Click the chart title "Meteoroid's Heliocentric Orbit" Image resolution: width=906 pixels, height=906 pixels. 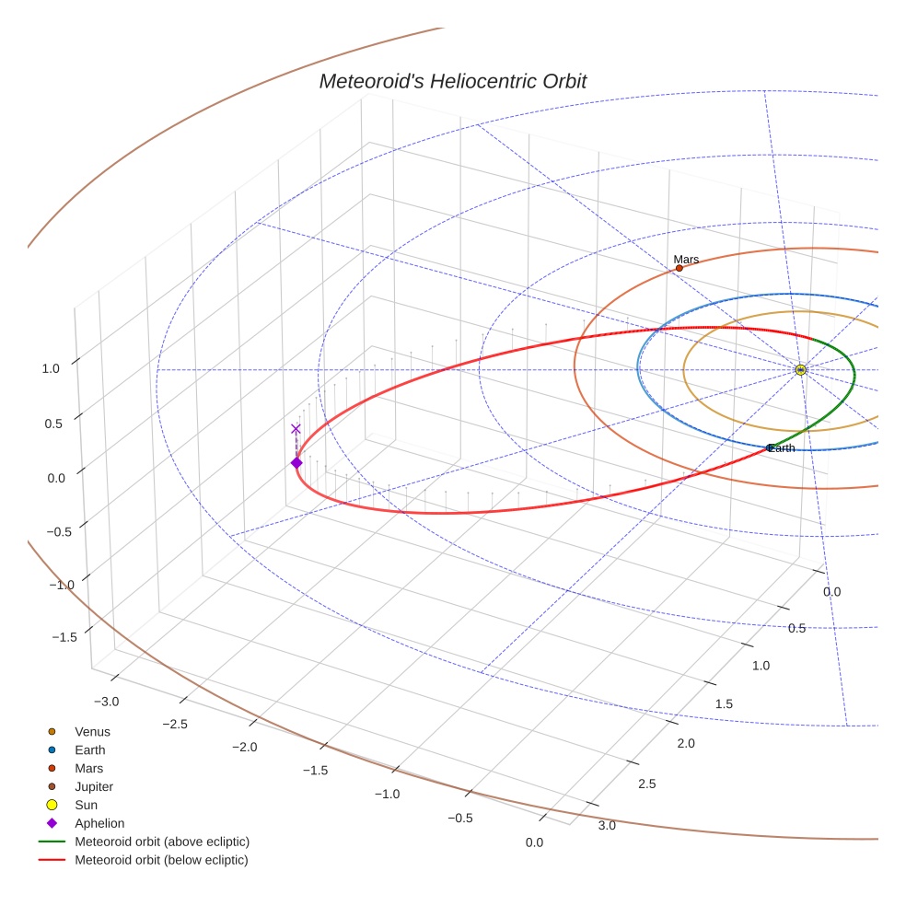coord(452,81)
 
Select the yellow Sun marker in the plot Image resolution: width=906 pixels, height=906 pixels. coord(800,369)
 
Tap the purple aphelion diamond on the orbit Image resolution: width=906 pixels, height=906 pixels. coord(296,462)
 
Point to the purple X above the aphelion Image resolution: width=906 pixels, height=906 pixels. coord(296,428)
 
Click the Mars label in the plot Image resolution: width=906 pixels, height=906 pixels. coord(686,260)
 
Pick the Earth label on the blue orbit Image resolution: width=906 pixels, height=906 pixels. coord(782,448)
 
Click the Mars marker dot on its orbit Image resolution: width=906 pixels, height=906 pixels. coord(679,268)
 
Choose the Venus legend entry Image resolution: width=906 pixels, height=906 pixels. coord(92,732)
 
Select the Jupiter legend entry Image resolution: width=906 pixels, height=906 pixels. coord(94,786)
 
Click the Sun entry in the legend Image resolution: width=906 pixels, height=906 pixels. coord(87,805)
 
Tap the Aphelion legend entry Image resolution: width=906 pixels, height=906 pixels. coord(99,823)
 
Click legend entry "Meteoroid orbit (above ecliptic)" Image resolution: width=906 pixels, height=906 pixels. coord(162,842)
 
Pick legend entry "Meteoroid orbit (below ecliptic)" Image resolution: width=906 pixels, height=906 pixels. coord(161,860)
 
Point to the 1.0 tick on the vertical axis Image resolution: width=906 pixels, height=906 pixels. coord(50,368)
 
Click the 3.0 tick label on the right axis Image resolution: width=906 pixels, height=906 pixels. coord(607,825)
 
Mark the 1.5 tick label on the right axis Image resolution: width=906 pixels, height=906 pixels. coord(725,704)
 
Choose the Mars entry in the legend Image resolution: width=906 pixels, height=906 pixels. coord(88,768)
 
